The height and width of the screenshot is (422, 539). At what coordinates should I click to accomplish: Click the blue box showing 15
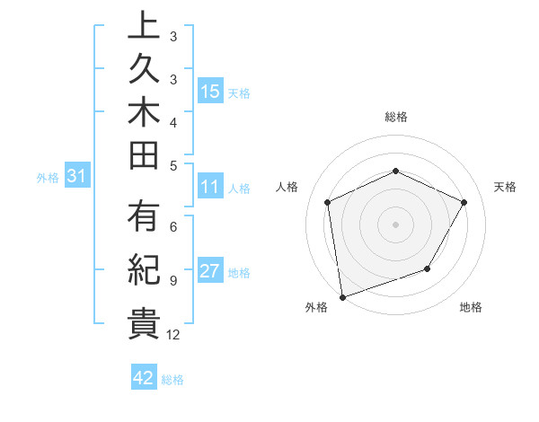coord(210,91)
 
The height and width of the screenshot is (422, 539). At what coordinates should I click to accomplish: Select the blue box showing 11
coord(210,188)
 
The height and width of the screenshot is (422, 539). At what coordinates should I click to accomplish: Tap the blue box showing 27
coord(210,272)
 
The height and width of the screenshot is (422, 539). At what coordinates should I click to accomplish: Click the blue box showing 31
coord(77,177)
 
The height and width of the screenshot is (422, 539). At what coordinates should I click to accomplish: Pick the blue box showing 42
coord(144,378)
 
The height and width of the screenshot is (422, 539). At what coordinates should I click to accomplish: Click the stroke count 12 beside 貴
coord(173,335)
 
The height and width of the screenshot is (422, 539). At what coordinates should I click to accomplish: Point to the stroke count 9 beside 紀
coord(172,280)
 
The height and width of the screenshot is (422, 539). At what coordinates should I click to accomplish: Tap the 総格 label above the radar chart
coord(396,117)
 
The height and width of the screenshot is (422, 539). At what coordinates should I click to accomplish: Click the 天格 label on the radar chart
coord(506,187)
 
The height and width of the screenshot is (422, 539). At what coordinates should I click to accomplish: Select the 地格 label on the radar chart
coord(471,307)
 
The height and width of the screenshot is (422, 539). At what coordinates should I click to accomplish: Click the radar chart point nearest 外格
coord(342,296)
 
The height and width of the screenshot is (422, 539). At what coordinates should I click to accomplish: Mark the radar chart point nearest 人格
coord(328,202)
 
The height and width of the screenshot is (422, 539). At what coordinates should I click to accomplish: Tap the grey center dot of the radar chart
coord(395,224)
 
